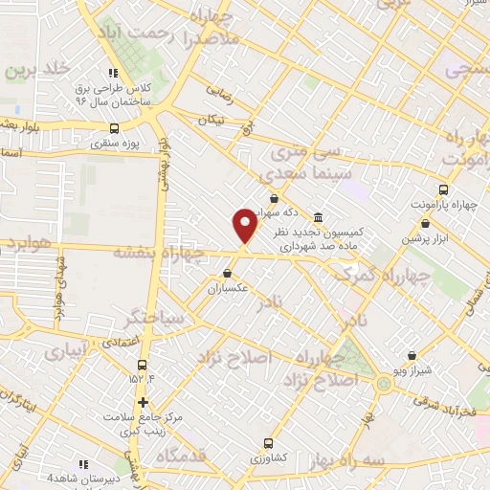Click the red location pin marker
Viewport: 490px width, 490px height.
pyautogui.click(x=245, y=224)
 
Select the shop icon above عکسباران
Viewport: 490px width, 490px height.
pyautogui.click(x=226, y=273)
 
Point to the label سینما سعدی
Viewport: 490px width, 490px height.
pyautogui.click(x=301, y=172)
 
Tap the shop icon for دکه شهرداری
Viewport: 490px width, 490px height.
pyautogui.click(x=274, y=199)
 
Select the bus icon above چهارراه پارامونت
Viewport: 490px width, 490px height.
pyautogui.click(x=441, y=189)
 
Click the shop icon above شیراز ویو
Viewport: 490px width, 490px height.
pyautogui.click(x=411, y=355)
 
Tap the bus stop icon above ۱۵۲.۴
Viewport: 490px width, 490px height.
pyautogui.click(x=143, y=365)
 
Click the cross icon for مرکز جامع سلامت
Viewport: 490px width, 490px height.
pyautogui.click(x=143, y=402)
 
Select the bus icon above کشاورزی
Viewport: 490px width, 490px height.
pyautogui.click(x=267, y=443)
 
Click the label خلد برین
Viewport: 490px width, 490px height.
pyautogui.click(x=38, y=70)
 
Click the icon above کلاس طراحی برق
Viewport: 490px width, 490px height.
pyautogui.click(x=113, y=72)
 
